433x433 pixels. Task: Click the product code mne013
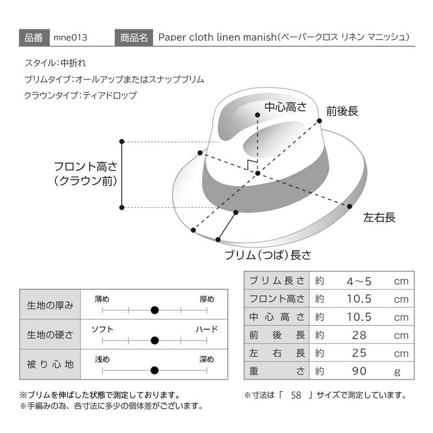(70, 37)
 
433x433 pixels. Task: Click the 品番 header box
(34, 37)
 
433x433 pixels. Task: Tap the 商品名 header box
(134, 37)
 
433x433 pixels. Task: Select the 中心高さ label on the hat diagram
(286, 107)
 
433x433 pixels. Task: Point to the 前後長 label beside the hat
(342, 111)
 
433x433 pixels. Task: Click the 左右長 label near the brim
(379, 218)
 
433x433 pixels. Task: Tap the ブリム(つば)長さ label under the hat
(268, 255)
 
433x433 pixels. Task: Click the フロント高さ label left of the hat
(86, 167)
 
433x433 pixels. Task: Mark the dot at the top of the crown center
(258, 115)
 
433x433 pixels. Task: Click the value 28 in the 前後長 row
(359, 335)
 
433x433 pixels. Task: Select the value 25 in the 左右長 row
(359, 353)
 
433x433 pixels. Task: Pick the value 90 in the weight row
(359, 371)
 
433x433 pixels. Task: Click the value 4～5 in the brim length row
(359, 281)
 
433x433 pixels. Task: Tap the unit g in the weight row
(397, 372)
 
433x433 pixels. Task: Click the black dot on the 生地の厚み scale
(155, 310)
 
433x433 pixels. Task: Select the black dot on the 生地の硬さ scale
(155, 340)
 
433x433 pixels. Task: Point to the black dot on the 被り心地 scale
(155, 370)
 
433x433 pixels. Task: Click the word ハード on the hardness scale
(207, 329)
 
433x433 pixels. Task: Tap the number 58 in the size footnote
(296, 395)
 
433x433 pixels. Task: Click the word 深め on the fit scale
(207, 359)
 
